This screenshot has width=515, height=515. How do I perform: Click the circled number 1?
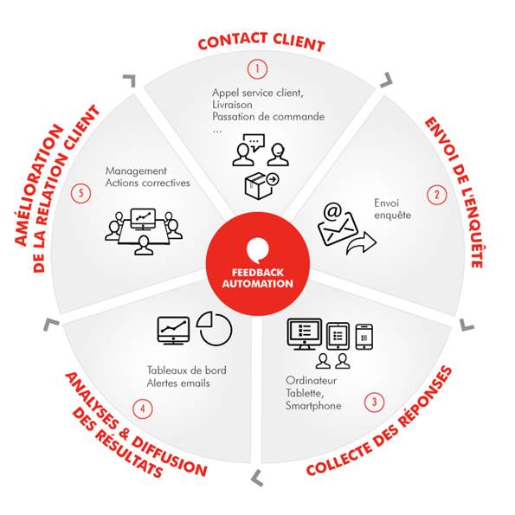tap(258, 69)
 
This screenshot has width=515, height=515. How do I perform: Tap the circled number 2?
tap(437, 195)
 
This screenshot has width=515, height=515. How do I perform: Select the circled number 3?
tap(374, 402)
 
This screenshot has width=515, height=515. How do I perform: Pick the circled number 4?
tap(143, 409)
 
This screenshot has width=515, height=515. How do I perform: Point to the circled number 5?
tap(80, 193)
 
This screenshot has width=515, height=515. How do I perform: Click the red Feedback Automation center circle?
tap(258, 264)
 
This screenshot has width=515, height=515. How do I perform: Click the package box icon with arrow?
tap(261, 185)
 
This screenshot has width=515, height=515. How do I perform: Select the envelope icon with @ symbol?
tap(338, 223)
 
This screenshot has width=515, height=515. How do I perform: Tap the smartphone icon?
tap(364, 337)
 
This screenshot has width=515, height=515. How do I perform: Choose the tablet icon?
tap(338, 336)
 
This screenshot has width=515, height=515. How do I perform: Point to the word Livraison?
tap(232, 105)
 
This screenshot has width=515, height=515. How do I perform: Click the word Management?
tap(136, 171)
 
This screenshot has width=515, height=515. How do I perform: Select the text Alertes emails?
tap(178, 383)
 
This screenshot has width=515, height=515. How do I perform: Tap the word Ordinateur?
tap(311, 381)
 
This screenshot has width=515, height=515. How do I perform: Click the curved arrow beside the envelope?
tap(361, 243)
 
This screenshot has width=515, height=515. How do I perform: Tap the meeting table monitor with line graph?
tap(143, 219)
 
